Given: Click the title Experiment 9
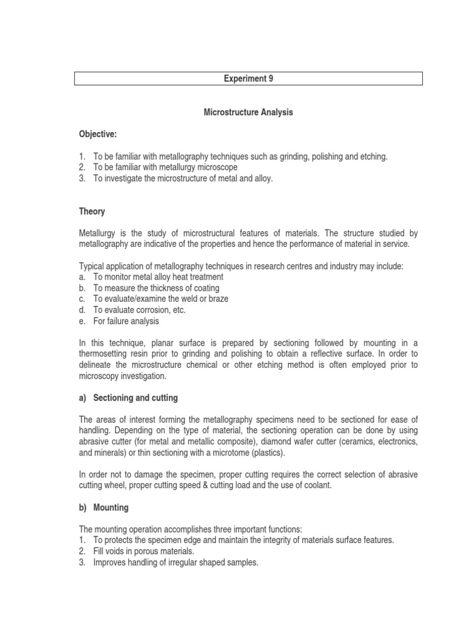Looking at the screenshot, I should [x=248, y=78].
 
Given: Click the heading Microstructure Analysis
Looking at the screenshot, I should [x=248, y=113].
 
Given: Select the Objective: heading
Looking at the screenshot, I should [x=98, y=134].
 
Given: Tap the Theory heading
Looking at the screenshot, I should [x=92, y=211].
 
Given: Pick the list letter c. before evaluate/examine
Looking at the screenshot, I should [x=82, y=299].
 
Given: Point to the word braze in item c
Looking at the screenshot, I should [x=217, y=299].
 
